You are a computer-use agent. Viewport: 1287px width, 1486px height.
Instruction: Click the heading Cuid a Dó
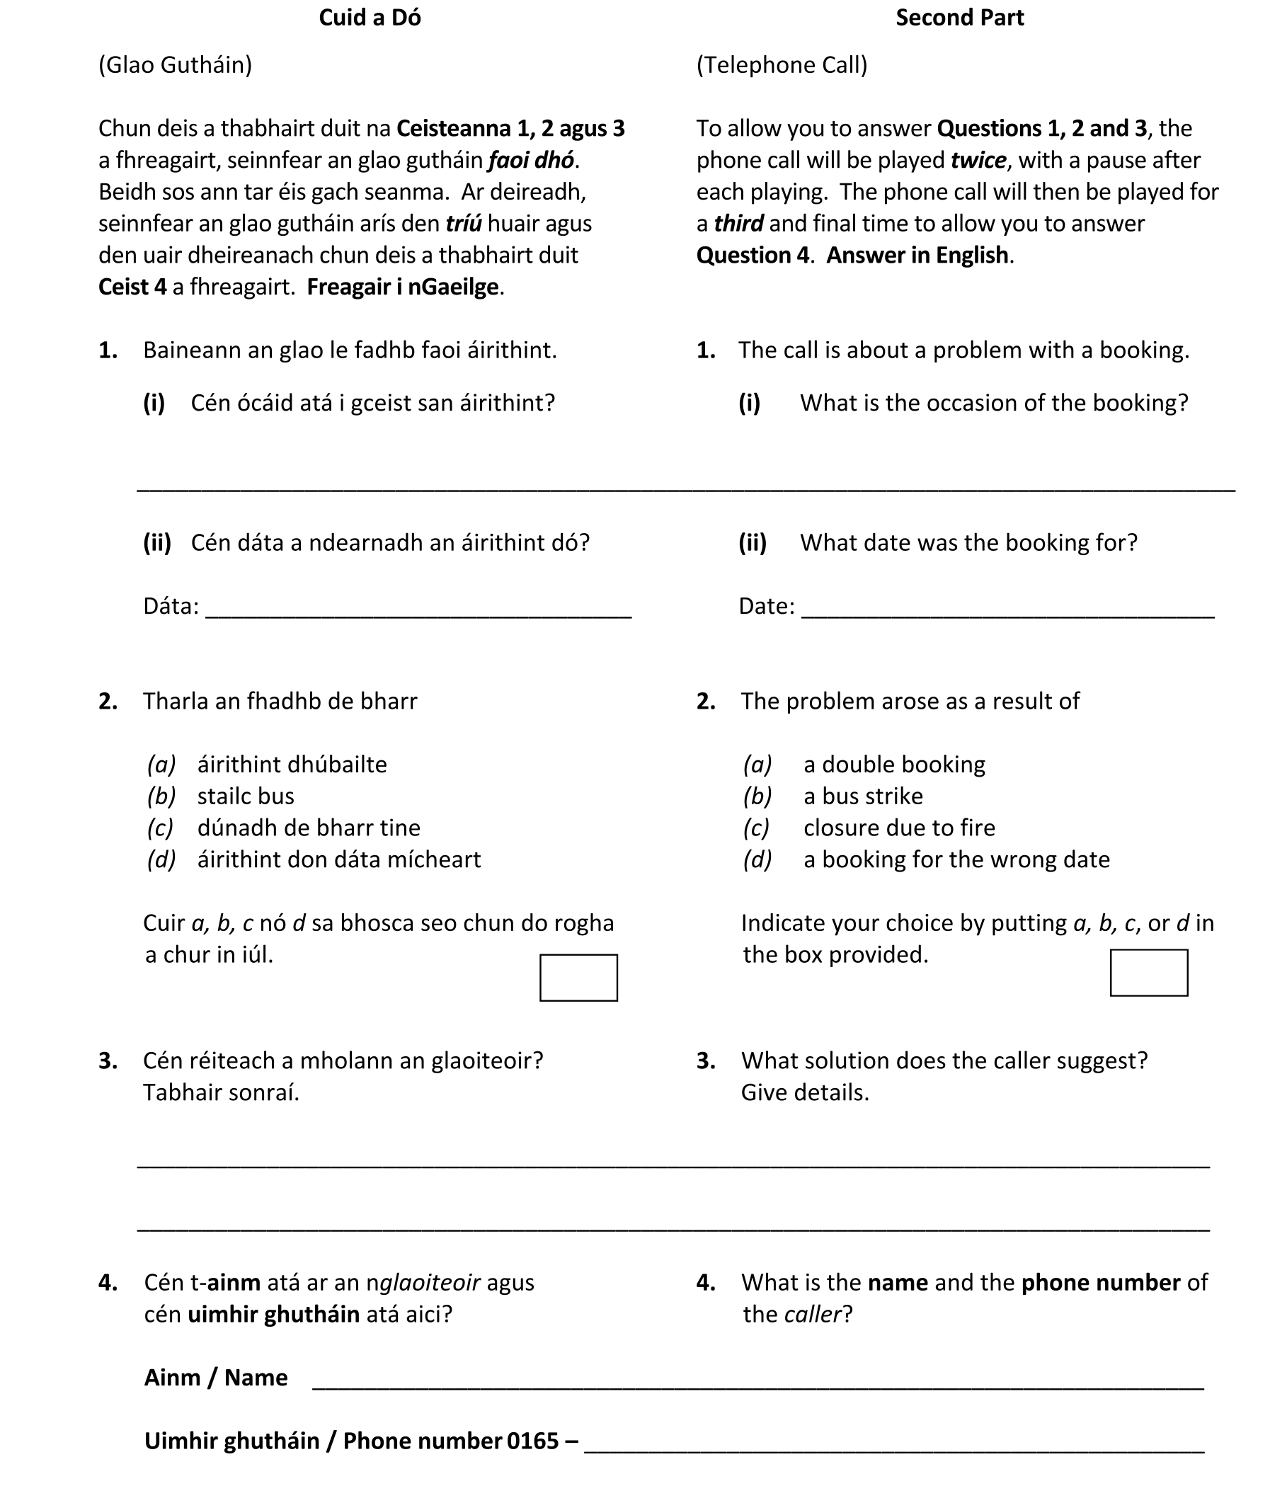tap(369, 17)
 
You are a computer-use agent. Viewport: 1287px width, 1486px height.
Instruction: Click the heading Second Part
tap(959, 17)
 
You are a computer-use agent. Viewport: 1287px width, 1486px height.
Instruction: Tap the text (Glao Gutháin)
tap(176, 65)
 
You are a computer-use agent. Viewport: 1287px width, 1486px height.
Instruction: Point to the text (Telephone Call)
tap(782, 65)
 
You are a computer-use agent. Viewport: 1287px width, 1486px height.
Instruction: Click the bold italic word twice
tap(978, 160)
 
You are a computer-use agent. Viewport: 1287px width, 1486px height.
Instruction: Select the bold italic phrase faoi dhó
tap(531, 160)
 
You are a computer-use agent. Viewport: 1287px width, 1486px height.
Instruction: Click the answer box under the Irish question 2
tap(578, 977)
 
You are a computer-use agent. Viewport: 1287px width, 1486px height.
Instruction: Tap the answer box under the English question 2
tap(1148, 973)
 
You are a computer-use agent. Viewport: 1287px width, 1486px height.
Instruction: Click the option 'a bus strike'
tap(862, 796)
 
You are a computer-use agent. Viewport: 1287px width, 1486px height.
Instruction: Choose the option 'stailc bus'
tap(245, 796)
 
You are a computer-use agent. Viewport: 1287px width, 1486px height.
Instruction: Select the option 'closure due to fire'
tap(898, 828)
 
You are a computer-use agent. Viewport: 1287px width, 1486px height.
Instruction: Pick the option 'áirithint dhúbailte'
tap(292, 764)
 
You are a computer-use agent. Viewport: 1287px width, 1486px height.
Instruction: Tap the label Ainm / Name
tap(215, 1378)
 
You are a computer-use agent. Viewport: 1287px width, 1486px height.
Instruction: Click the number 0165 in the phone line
tap(532, 1441)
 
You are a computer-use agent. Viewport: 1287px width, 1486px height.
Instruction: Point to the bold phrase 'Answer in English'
tap(917, 256)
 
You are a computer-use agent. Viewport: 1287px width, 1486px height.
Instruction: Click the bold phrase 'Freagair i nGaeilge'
tap(402, 287)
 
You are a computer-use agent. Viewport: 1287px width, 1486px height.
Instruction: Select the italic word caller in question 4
tap(811, 1315)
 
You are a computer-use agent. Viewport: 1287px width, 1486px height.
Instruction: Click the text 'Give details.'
tap(804, 1092)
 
